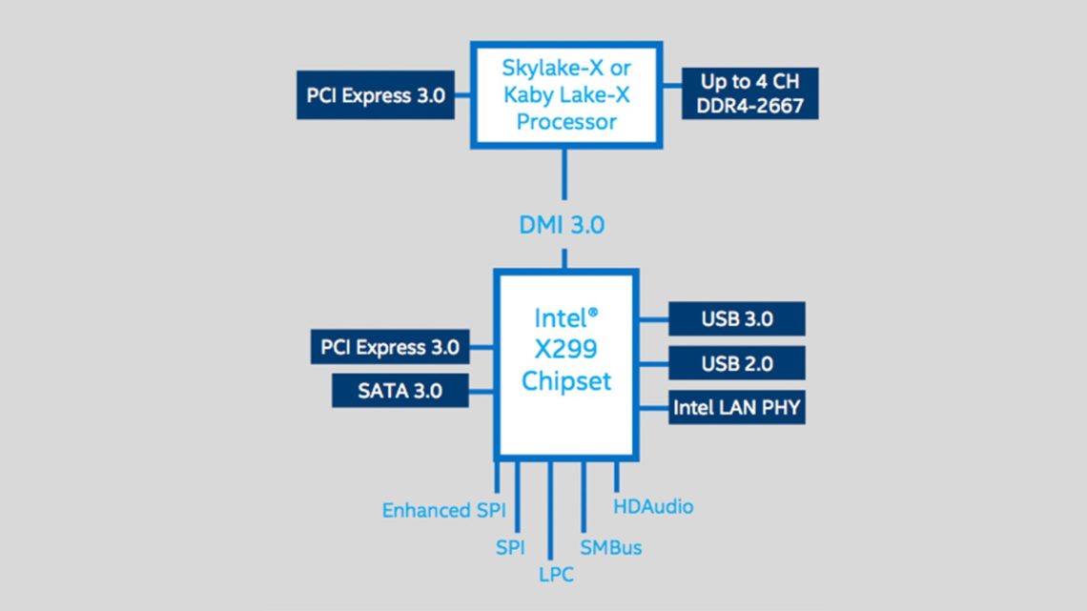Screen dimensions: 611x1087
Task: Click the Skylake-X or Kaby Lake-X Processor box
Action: click(566, 95)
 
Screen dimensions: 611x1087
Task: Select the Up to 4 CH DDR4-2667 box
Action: click(749, 93)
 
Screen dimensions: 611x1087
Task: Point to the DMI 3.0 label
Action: click(562, 225)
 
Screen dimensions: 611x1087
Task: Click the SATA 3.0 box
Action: click(400, 390)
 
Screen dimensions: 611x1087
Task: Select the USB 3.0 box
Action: click(736, 318)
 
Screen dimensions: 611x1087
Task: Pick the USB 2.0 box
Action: click(736, 363)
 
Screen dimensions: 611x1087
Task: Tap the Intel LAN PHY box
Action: click(736, 408)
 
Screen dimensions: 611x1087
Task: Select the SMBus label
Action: click(610, 547)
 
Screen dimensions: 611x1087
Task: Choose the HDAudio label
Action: click(653, 506)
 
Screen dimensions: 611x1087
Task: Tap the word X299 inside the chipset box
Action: click(566, 349)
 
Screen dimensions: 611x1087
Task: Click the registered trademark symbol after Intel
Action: click(593, 312)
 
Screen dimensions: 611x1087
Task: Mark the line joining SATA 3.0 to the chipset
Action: click(481, 390)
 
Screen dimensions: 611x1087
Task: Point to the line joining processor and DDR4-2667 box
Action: click(672, 94)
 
